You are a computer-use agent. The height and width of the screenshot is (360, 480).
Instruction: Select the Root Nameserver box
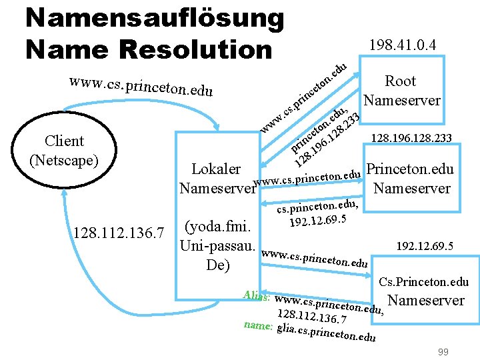coord(401,91)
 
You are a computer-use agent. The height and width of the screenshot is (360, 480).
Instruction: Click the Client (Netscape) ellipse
coord(64,151)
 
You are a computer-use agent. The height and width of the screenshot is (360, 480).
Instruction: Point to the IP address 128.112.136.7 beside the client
coord(120,233)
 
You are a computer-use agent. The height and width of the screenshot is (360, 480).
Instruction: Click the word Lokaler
coord(216,169)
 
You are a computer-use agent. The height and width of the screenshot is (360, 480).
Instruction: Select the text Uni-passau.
coord(218,245)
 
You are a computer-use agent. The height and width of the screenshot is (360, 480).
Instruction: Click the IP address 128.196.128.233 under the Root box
coord(412,139)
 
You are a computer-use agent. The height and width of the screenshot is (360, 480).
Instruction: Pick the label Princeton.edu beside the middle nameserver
coord(411,169)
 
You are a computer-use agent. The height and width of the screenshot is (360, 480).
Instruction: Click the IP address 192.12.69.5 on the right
coord(425,247)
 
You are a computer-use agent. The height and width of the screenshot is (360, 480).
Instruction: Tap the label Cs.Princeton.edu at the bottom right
coord(423,283)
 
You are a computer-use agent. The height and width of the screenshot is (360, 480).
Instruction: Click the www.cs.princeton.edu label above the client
coord(140,87)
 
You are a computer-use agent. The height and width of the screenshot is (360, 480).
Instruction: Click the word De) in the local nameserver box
coord(218,265)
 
